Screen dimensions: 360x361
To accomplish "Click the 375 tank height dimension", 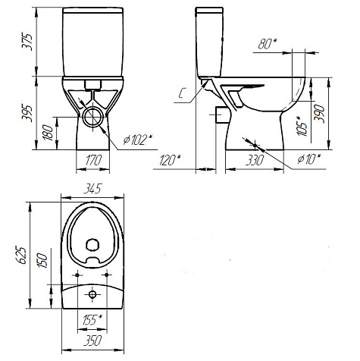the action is (x=27, y=42).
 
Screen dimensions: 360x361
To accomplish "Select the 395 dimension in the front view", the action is (x=27, y=113).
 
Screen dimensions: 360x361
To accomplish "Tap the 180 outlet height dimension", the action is (x=48, y=133).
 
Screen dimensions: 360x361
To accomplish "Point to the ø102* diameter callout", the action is (x=138, y=140).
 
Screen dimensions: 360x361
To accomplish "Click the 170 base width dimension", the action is (x=93, y=161).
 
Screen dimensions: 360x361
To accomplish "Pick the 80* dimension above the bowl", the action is (x=268, y=44).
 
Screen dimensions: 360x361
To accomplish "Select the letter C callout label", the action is (x=182, y=93).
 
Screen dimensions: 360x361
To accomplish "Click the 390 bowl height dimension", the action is (x=320, y=114).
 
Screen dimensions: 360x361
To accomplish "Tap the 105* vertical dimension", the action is (x=302, y=126).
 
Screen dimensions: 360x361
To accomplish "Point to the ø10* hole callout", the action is (x=308, y=159).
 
